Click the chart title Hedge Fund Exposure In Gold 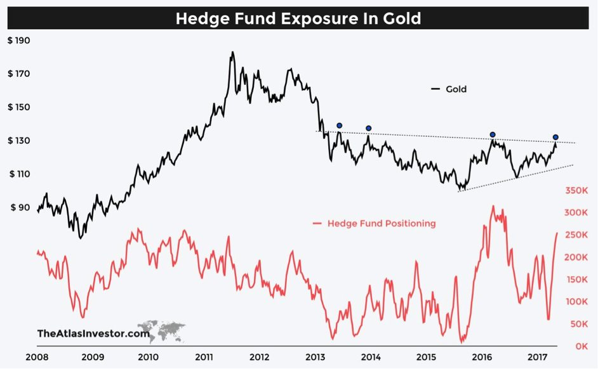[298, 18]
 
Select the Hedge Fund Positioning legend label [382, 223]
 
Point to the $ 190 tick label [19, 41]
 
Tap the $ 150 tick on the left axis [19, 107]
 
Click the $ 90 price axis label [21, 207]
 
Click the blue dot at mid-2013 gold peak [340, 126]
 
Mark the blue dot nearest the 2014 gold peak [369, 128]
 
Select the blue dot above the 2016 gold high [493, 134]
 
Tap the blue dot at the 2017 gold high [555, 137]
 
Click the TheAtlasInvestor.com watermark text [93, 333]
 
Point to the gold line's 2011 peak [232, 53]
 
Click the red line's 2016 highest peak [493, 206]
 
